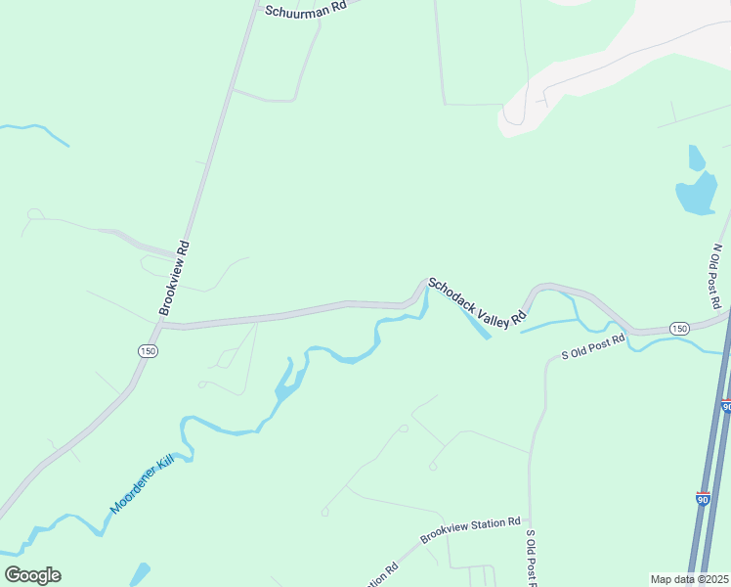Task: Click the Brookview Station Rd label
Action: click(x=470, y=531)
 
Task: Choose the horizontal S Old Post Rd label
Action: click(x=591, y=351)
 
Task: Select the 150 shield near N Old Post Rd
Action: click(x=679, y=328)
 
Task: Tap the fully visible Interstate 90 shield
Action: click(x=704, y=498)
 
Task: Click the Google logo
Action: click(x=32, y=575)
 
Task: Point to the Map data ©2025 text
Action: click(x=689, y=579)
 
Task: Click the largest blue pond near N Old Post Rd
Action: click(x=696, y=194)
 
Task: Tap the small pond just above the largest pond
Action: click(x=696, y=157)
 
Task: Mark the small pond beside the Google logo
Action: click(x=141, y=572)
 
